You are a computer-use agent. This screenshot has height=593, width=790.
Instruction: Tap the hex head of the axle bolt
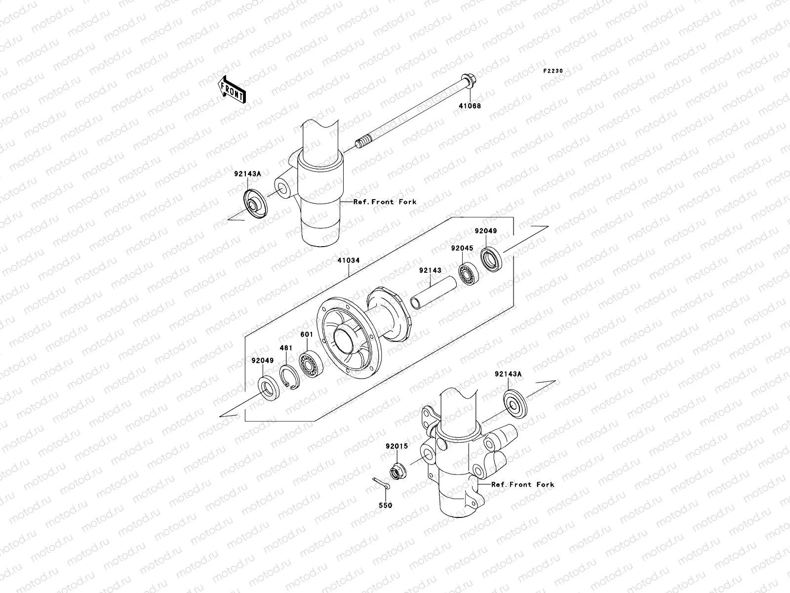click(x=468, y=81)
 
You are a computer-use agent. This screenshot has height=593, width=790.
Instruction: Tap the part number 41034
click(x=349, y=260)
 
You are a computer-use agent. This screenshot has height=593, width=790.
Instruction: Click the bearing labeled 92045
click(x=467, y=274)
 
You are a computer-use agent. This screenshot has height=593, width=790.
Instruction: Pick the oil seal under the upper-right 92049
click(x=491, y=259)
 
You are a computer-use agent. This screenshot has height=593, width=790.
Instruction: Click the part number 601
click(x=307, y=335)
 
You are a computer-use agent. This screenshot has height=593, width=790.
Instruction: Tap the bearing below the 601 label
click(x=311, y=364)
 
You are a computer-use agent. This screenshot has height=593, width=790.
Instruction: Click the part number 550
click(x=385, y=506)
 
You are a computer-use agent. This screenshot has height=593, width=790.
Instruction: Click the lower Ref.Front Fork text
click(x=522, y=485)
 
